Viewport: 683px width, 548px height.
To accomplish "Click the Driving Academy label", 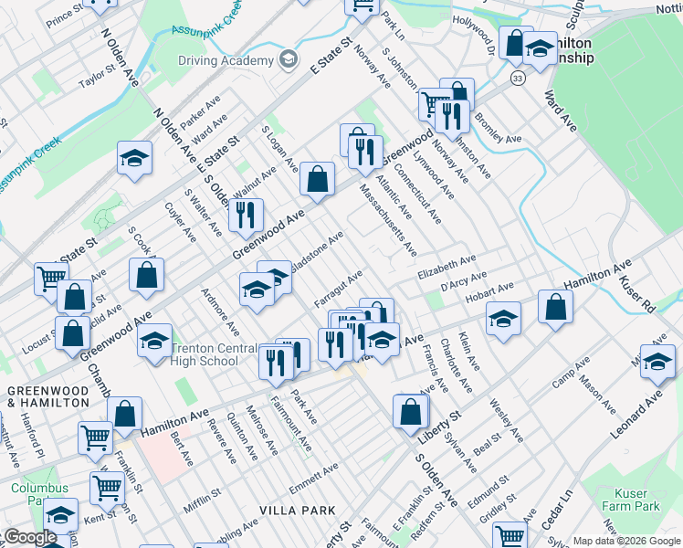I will [225, 61].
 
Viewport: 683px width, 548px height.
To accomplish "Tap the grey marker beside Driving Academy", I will [289, 61].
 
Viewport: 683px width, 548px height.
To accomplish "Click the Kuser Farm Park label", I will [630, 500].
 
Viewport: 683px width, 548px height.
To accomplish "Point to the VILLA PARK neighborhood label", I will [297, 510].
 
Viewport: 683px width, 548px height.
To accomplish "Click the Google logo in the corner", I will [30, 537].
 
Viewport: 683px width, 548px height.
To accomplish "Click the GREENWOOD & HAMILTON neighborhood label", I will [48, 397].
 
